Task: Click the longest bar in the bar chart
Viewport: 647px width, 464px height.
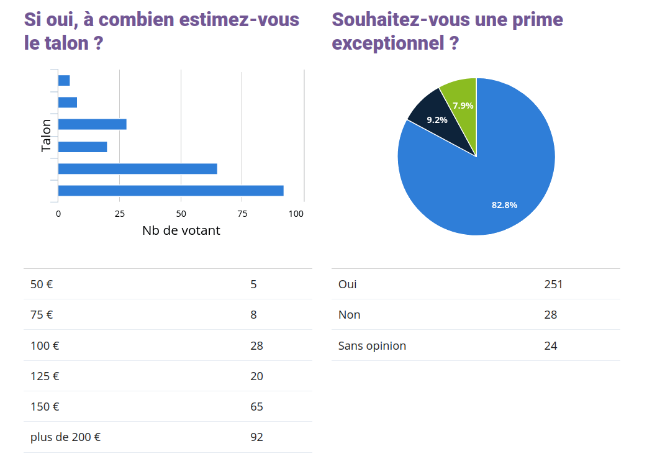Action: coord(171,191)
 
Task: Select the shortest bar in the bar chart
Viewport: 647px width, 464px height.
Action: coord(64,80)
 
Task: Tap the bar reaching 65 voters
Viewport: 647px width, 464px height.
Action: coord(137,169)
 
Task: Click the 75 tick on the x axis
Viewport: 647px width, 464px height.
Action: coord(242,214)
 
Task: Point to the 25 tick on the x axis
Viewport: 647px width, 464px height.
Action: coord(120,214)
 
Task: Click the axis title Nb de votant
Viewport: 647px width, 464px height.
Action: coord(181,230)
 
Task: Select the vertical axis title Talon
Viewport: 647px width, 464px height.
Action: coord(47,135)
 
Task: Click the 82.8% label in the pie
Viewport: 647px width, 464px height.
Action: coord(504,205)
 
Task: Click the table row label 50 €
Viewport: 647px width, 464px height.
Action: coord(42,284)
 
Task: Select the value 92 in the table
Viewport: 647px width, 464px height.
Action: coord(256,437)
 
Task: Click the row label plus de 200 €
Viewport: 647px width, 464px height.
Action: coord(65,437)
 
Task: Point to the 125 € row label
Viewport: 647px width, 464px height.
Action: coord(45,376)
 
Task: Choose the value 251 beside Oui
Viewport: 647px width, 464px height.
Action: coord(553,284)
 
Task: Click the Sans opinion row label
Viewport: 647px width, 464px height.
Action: coord(372,345)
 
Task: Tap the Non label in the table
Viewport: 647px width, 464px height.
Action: coord(349,315)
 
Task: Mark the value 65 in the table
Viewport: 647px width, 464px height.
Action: coord(256,407)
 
